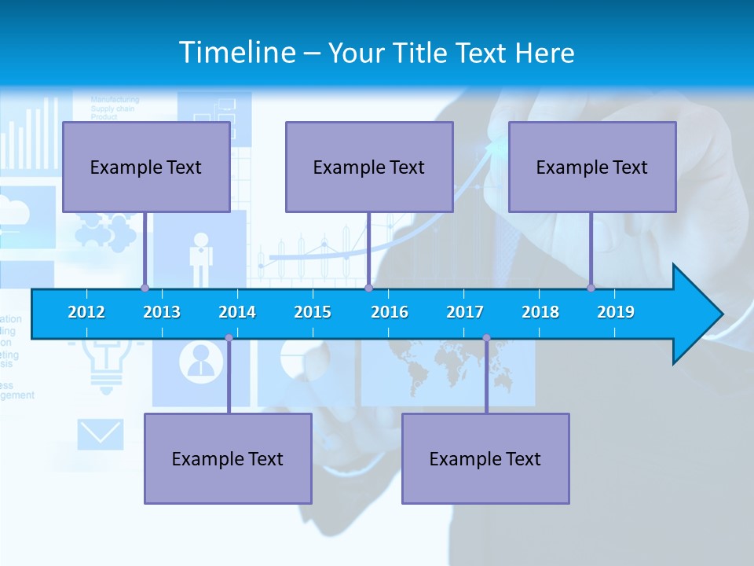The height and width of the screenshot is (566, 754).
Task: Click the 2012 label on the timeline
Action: tap(86, 312)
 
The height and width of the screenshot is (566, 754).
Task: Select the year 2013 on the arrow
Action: tap(162, 312)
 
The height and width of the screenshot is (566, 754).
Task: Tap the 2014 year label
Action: tap(237, 312)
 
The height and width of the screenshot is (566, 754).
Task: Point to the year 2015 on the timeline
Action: tap(313, 312)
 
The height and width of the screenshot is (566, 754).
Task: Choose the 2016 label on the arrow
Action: tap(390, 312)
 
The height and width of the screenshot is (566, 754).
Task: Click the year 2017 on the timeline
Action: tap(465, 312)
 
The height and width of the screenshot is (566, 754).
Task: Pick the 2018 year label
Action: tap(540, 312)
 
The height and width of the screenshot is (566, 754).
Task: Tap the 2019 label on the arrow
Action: tap(616, 312)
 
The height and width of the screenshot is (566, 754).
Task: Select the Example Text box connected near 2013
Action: tap(146, 167)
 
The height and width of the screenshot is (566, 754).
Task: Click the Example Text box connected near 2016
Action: tap(369, 167)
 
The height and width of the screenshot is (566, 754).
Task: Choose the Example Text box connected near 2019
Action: tap(592, 167)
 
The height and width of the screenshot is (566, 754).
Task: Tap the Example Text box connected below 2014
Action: tap(228, 458)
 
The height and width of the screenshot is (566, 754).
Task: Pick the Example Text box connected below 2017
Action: tap(485, 458)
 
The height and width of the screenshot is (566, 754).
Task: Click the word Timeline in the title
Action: tap(236, 53)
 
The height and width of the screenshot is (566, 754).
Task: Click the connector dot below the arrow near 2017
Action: tap(486, 338)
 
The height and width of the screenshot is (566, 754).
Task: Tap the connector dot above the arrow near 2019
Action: tap(591, 288)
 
